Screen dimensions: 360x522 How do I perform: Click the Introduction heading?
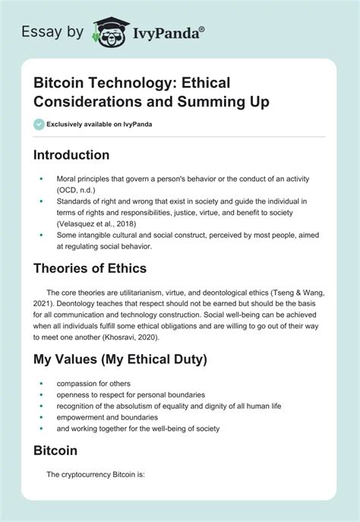71,154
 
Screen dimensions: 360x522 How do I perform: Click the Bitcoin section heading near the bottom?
55,451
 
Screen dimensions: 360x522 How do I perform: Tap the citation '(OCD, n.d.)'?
76,189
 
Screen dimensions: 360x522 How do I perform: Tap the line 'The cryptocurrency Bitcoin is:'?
95,476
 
